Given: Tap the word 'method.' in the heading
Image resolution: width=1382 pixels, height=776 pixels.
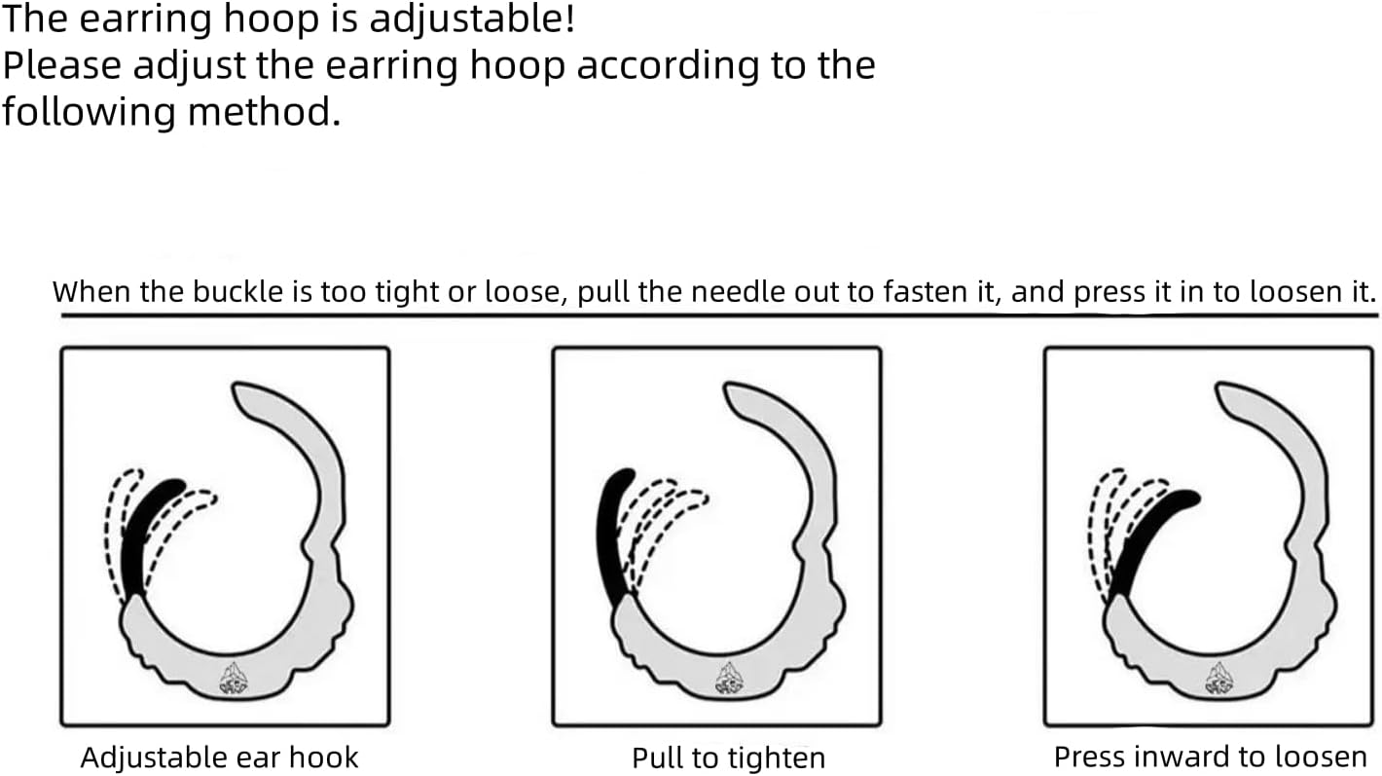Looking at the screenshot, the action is pyautogui.click(x=264, y=111).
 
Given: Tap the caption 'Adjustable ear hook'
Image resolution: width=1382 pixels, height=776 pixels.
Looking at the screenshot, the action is pyautogui.click(x=220, y=758).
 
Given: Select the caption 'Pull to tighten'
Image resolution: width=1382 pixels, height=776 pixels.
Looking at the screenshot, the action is pyautogui.click(x=729, y=758).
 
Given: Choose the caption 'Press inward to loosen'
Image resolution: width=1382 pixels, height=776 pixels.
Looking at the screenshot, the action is pyautogui.click(x=1211, y=758).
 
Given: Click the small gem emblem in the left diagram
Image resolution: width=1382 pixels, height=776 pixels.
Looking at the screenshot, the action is pyautogui.click(x=234, y=678).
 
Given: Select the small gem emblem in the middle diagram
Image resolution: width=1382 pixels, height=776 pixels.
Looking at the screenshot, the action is pyautogui.click(x=729, y=678).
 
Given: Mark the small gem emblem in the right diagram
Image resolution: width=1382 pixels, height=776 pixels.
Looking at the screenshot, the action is pyautogui.click(x=1218, y=678).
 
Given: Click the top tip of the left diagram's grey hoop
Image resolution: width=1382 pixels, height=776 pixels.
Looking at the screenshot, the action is pyautogui.click(x=236, y=387).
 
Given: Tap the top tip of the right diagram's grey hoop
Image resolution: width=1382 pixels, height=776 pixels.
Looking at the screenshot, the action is pyautogui.click(x=1218, y=387).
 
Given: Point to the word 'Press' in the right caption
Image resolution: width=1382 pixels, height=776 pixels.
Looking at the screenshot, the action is pyautogui.click(x=1091, y=758).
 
